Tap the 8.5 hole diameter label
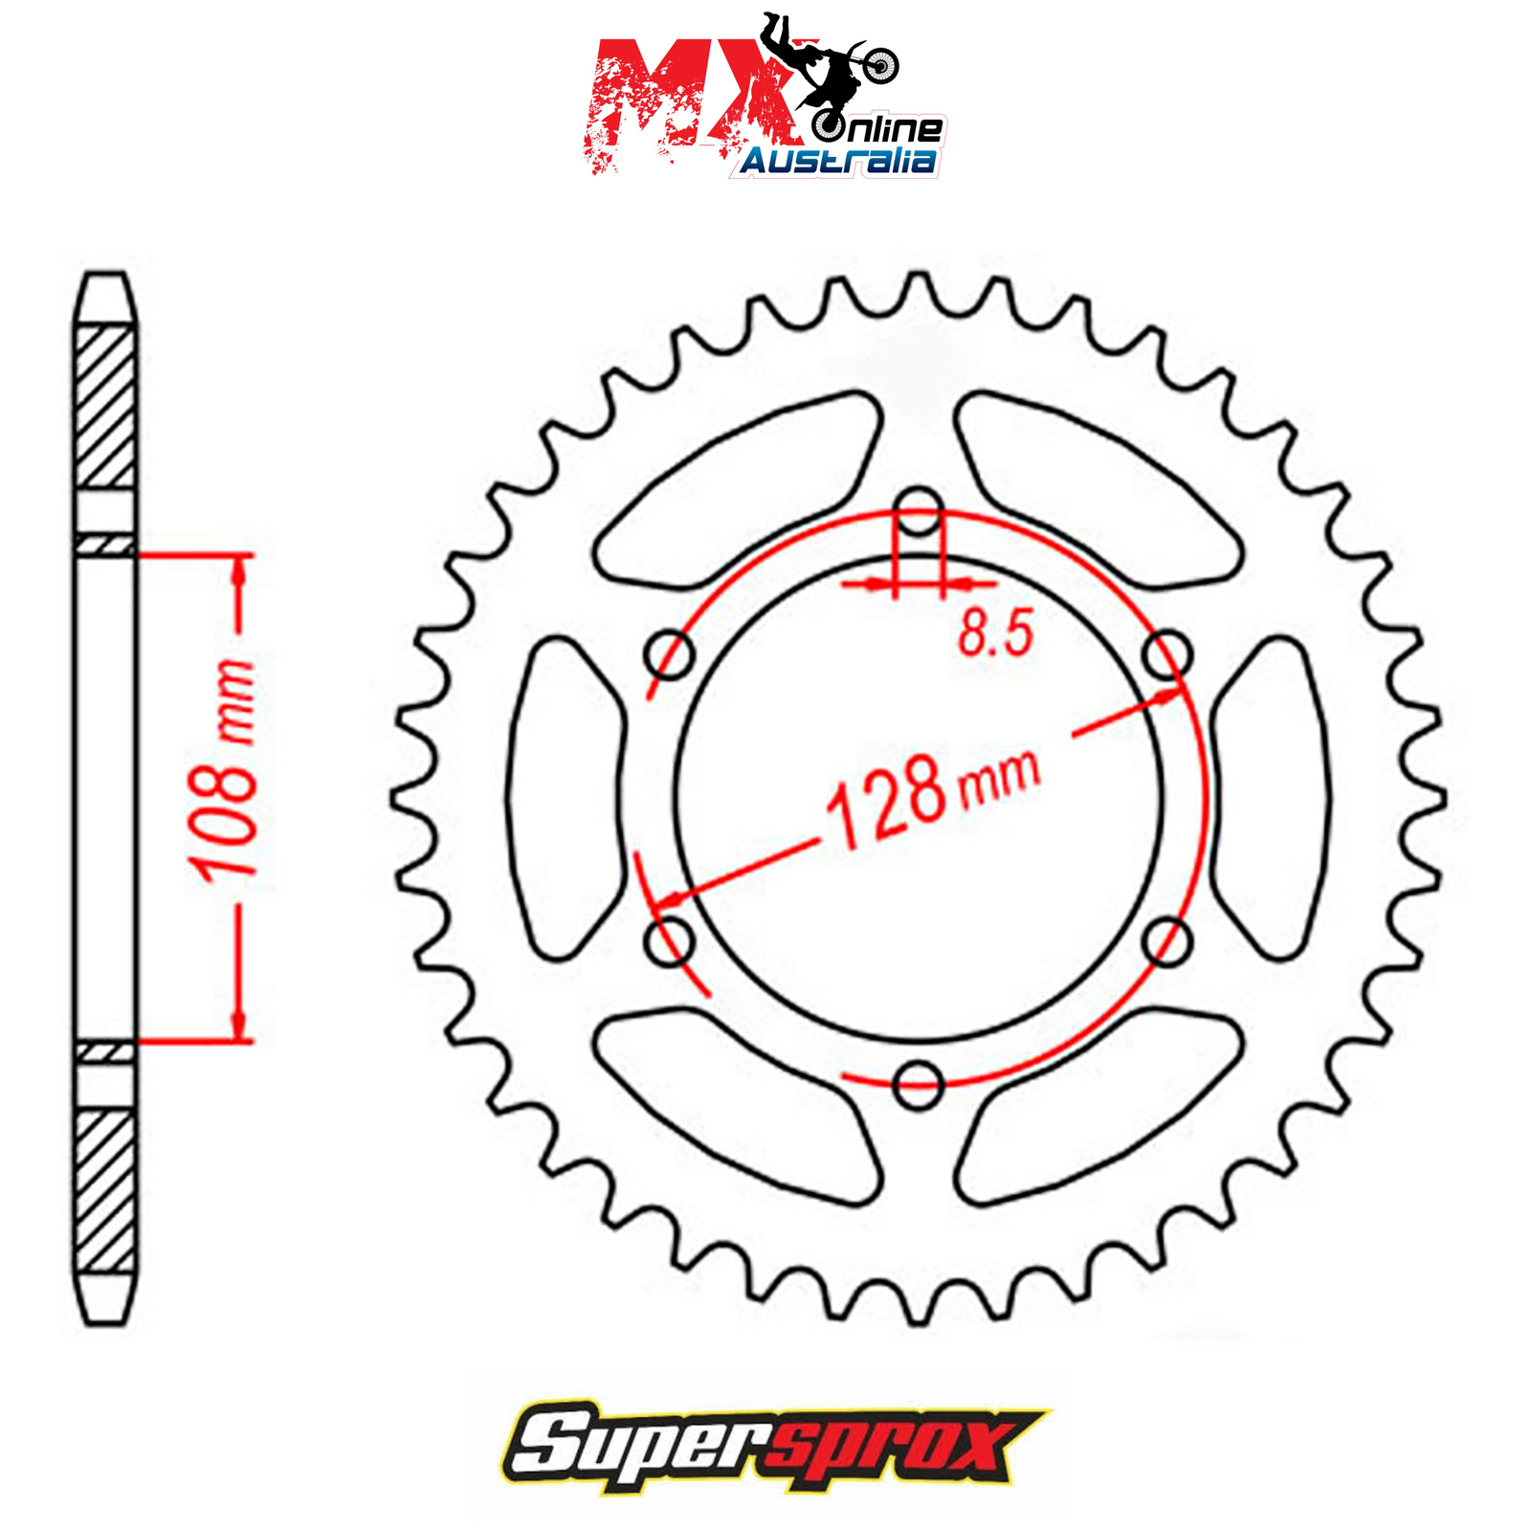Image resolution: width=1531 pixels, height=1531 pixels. [x=996, y=632]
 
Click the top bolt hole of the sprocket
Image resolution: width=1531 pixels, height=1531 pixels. [x=919, y=511]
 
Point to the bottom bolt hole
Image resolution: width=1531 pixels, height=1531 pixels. [x=919, y=1085]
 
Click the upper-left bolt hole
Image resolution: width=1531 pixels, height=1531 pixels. [x=670, y=655]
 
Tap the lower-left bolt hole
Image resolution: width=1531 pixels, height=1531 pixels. [x=670, y=942]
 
